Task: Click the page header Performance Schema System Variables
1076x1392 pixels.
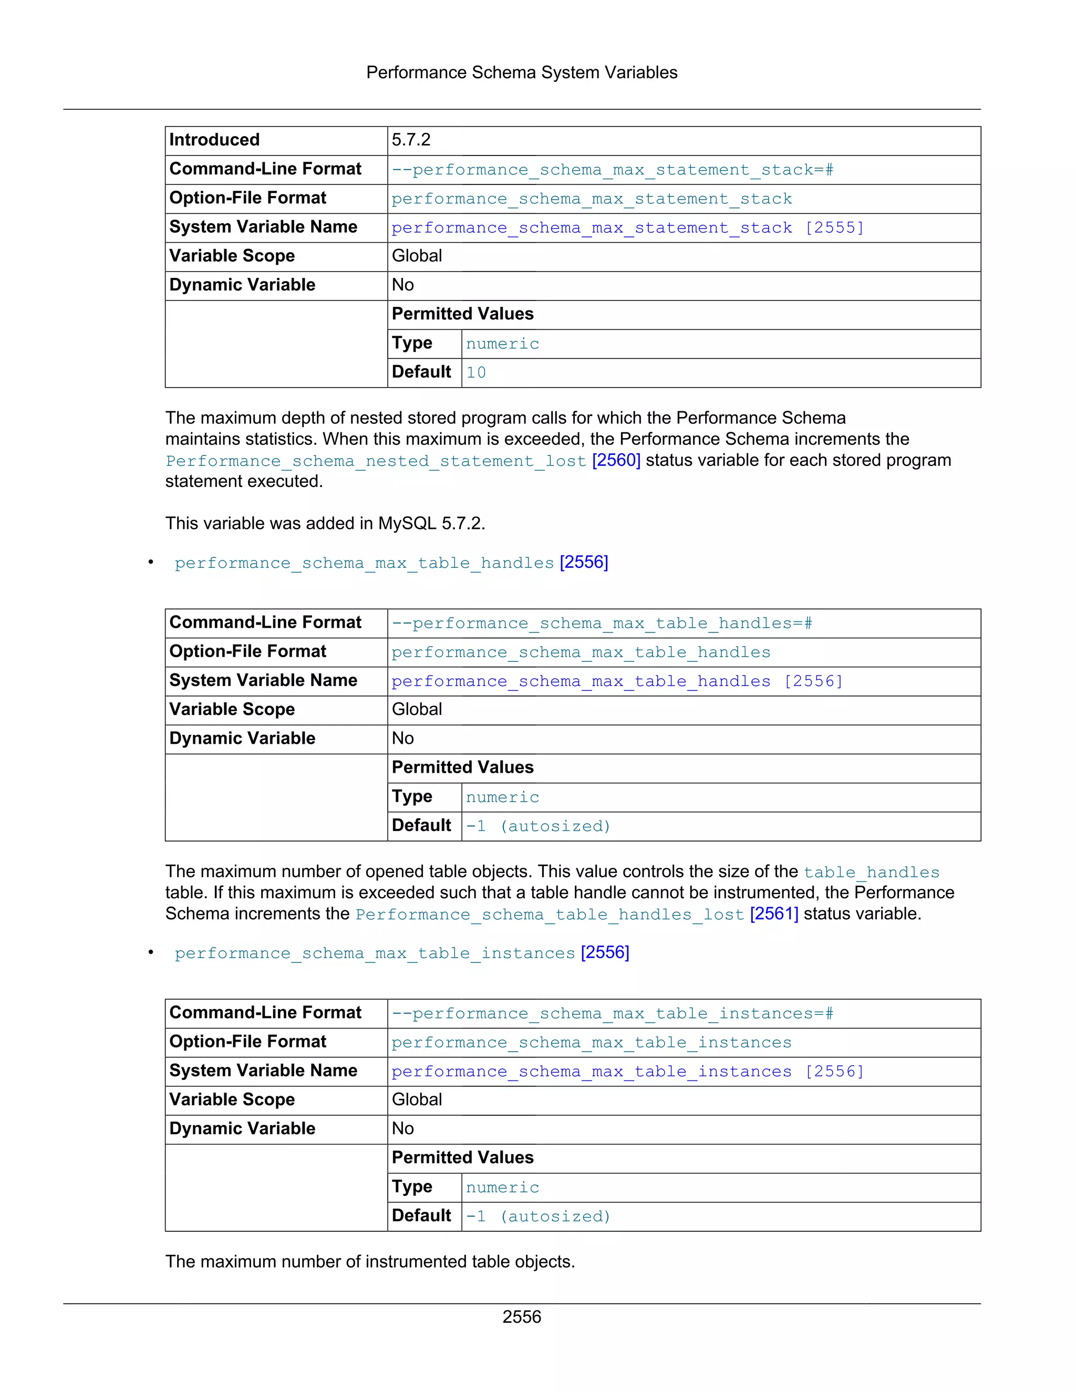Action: tap(521, 72)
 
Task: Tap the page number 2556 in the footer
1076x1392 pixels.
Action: tap(521, 1317)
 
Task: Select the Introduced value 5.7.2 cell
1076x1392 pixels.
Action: tap(411, 140)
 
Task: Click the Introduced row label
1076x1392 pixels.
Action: tap(214, 140)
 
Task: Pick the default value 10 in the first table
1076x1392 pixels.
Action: tap(476, 373)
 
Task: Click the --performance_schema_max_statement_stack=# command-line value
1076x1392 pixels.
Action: tap(612, 170)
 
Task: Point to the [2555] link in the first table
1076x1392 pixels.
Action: tap(834, 228)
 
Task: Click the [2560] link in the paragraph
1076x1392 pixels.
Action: tap(616, 460)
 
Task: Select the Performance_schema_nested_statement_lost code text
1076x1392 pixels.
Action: tap(376, 461)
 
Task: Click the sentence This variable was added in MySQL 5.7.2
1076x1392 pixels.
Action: tap(325, 523)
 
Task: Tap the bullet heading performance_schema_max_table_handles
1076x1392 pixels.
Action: tap(364, 564)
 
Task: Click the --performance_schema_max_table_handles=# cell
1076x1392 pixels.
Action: tap(602, 624)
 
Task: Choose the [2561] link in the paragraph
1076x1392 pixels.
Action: tap(774, 914)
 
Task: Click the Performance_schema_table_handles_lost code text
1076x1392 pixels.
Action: tap(550, 915)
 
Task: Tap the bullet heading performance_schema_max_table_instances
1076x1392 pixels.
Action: tap(375, 953)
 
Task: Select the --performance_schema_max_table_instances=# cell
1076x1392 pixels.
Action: tap(612, 1014)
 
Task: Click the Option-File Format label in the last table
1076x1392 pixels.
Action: tap(247, 1042)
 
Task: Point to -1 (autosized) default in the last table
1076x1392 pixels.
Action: tap(538, 1217)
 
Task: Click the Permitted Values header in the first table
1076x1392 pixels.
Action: tap(462, 314)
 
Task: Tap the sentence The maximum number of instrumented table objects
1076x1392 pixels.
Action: tap(370, 1262)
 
